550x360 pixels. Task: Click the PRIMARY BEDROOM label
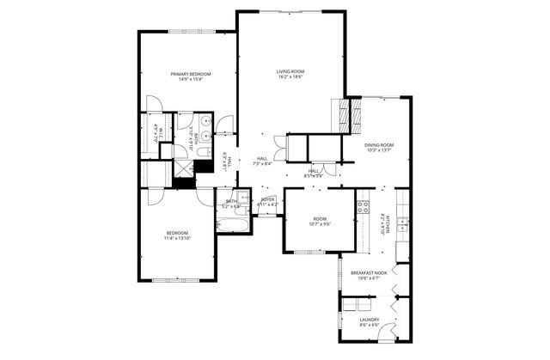point(190,75)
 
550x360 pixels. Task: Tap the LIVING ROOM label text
point(290,71)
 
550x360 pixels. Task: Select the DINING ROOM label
point(380,146)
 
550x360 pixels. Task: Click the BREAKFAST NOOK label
point(368,272)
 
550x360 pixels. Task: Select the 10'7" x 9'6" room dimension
point(319,223)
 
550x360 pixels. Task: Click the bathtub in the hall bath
point(233,227)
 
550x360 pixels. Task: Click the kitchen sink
point(402,226)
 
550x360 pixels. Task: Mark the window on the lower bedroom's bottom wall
point(178,279)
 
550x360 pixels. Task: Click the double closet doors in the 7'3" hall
point(278,147)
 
